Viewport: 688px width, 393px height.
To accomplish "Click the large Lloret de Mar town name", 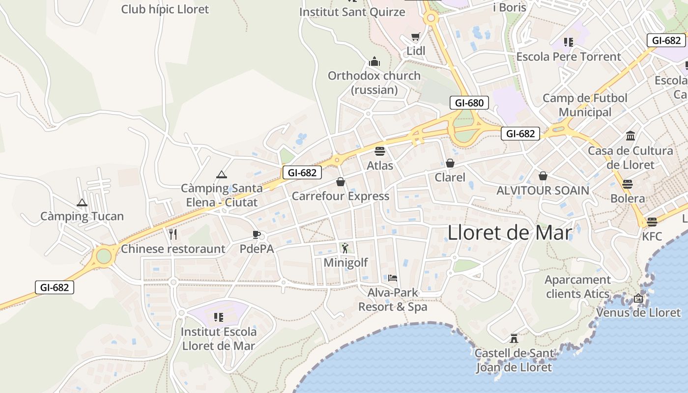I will (x=510, y=232).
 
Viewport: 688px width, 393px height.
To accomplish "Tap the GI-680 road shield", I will (x=469, y=103).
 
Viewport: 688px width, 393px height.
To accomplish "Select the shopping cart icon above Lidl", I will (x=416, y=37).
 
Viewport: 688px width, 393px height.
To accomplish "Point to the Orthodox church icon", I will (x=374, y=62).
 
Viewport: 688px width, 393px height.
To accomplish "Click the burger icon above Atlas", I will (x=380, y=151).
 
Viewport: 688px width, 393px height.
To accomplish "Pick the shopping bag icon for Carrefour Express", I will (x=341, y=182).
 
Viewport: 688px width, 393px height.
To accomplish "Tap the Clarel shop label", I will (x=450, y=177).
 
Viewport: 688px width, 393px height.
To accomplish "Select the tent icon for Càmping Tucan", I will (x=82, y=202).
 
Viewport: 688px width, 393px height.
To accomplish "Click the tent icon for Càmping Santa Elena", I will (x=222, y=174).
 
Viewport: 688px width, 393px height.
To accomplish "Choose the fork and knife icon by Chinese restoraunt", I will (x=173, y=234).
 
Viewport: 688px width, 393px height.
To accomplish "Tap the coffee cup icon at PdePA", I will (x=256, y=234).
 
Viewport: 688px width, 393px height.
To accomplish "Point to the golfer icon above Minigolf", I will (x=345, y=248).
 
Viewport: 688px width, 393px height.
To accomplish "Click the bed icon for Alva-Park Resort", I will (x=393, y=278).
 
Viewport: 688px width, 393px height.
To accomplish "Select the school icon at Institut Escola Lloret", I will (x=219, y=317).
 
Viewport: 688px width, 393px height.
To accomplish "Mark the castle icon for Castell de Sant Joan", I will (x=514, y=338).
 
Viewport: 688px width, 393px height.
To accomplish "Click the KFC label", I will (x=652, y=236).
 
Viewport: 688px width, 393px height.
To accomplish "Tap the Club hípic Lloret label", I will (x=165, y=9).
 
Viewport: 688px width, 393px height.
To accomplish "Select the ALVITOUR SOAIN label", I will (x=543, y=190).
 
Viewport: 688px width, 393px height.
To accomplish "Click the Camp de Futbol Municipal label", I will (x=585, y=105).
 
